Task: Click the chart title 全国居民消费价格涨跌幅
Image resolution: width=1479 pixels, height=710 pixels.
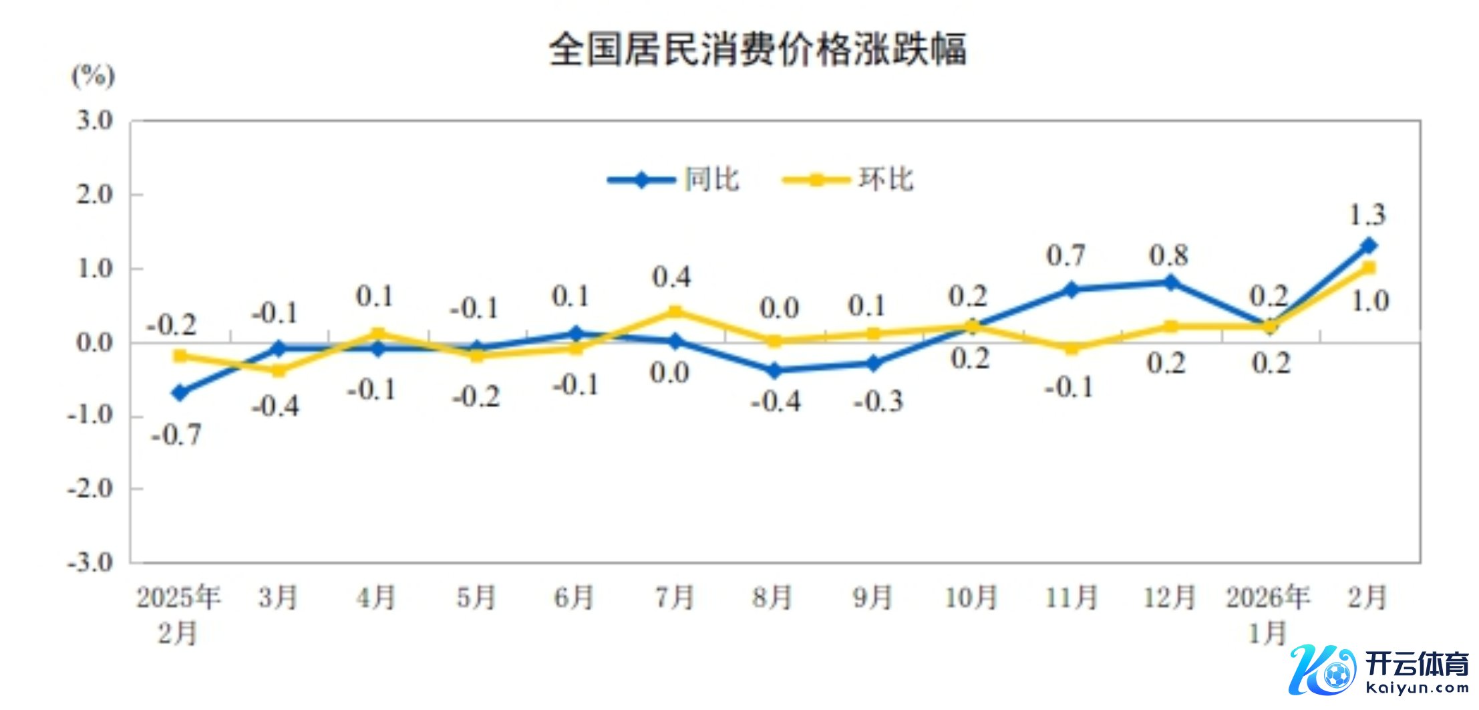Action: pos(758,49)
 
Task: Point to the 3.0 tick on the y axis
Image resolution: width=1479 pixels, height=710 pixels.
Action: pos(94,121)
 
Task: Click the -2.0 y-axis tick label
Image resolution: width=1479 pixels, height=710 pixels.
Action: pos(90,489)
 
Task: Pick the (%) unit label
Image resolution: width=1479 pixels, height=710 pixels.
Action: pos(94,76)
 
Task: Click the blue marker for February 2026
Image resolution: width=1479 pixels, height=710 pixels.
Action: pos(1368,246)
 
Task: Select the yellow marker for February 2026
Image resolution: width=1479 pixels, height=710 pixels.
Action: pos(1368,268)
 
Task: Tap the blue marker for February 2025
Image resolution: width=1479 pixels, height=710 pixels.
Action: pos(180,392)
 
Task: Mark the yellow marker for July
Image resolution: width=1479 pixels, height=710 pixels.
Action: pos(675,312)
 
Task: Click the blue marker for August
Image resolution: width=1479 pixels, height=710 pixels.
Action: pos(774,370)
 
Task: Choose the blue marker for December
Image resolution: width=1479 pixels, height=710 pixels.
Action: pos(1170,282)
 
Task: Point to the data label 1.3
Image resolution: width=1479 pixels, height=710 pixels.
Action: pos(1367,215)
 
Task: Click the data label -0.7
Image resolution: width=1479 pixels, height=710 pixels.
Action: pos(176,435)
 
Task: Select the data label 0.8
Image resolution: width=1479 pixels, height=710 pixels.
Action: pos(1168,255)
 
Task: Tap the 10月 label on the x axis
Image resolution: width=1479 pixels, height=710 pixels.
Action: pos(971,597)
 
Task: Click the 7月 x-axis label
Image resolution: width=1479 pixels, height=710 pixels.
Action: pos(674,597)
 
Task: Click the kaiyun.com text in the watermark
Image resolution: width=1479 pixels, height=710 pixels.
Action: pos(1418,688)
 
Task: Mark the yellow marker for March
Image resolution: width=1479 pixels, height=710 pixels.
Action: pos(279,370)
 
